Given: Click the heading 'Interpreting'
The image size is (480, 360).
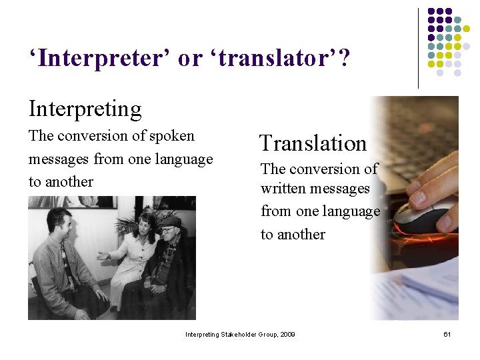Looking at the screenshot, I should point(85,108).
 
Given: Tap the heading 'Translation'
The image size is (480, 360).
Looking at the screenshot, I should point(313,143).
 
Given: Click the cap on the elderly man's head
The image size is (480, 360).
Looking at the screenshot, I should point(171,221).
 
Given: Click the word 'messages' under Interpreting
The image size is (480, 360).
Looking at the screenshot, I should point(59,159).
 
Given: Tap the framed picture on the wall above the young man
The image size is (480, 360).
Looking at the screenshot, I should point(73,202).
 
